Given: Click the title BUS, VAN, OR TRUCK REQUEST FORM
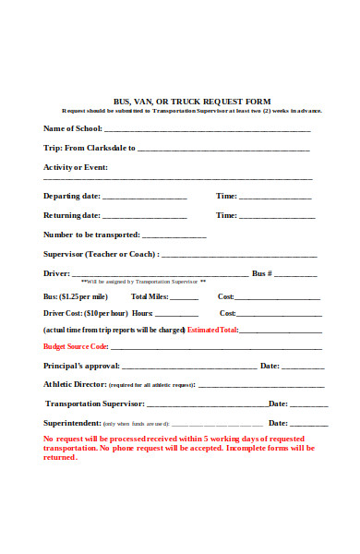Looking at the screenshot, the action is tap(191, 101).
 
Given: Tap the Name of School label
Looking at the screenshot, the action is tap(74, 128).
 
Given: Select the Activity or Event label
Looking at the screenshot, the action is tap(76, 167).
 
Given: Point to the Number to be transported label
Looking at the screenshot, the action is tap(91, 235).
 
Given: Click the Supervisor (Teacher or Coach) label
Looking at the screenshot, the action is tap(101, 254).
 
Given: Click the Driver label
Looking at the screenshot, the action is tap(56, 273).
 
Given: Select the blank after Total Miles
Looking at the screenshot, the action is tap(185, 298).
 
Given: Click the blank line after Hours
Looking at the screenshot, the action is tap(181, 314).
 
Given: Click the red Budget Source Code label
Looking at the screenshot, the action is tap(76, 347).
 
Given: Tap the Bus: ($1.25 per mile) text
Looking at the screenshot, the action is tap(76, 296).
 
